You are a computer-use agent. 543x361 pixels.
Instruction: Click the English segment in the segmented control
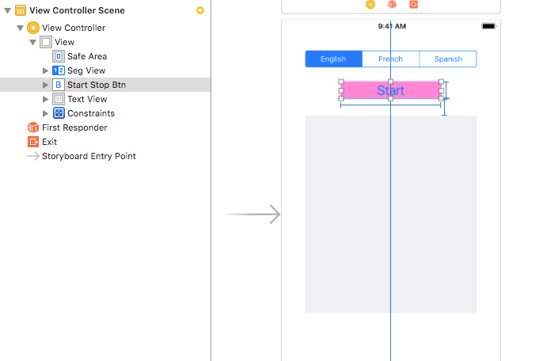pos(333,59)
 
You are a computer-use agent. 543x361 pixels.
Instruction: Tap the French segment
pos(390,59)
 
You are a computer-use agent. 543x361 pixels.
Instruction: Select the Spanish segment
pos(448,59)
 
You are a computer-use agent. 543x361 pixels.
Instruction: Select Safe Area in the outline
pos(87,56)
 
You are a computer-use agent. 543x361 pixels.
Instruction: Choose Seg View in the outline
pos(86,70)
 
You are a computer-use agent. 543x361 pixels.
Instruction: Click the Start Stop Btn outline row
pos(96,85)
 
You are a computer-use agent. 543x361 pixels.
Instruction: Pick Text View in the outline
pos(87,99)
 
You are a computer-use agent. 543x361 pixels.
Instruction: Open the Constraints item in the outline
pos(90,113)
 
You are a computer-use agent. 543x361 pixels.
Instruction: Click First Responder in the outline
pos(74,127)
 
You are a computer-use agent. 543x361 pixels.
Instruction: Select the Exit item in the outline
pos(49,142)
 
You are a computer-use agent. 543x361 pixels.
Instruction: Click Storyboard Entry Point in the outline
pos(89,156)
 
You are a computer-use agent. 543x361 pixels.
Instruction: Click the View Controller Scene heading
pos(77,10)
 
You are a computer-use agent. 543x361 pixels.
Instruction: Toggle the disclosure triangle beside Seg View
pos(45,70)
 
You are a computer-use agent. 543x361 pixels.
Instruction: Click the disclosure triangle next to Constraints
pos(45,113)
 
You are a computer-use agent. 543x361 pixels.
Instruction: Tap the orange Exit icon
pos(33,142)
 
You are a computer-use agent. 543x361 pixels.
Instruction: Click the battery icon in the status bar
pos(488,26)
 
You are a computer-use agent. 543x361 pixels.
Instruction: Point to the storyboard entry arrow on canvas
pos(253,214)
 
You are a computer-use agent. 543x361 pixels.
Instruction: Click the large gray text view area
pos(390,214)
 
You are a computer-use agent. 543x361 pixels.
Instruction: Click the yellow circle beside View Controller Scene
pos(200,10)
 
